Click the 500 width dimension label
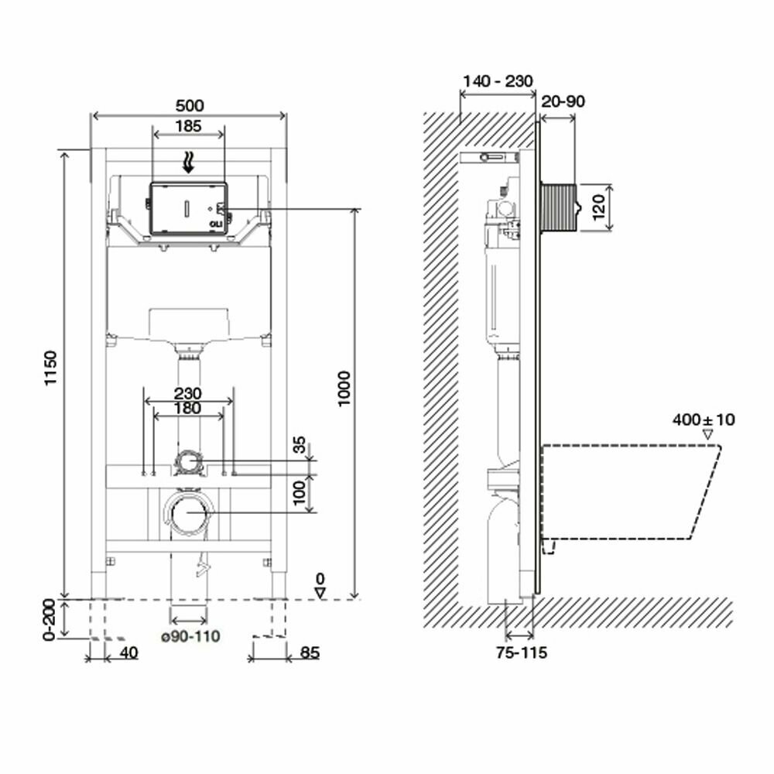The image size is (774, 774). [189, 105]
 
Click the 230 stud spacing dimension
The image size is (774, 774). [189, 393]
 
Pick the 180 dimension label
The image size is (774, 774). [189, 408]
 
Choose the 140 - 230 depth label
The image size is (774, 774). [497, 81]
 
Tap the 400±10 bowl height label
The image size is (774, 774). [704, 420]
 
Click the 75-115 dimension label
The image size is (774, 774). [521, 652]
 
